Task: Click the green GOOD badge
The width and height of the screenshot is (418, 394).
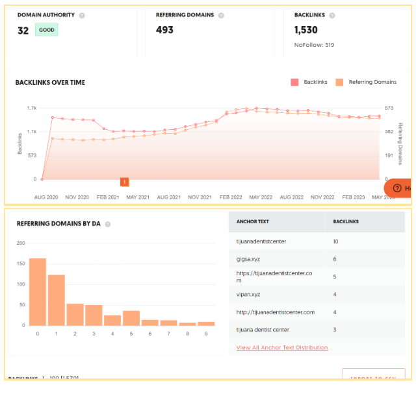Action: click(x=46, y=30)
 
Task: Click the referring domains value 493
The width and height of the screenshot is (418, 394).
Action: click(x=164, y=30)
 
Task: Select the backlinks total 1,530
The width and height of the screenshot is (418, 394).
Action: click(x=306, y=30)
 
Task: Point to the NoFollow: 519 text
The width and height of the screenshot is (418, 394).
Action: click(x=314, y=45)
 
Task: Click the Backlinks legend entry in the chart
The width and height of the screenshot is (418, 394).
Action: click(x=309, y=82)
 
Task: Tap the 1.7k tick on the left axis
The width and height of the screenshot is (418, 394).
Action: click(x=31, y=108)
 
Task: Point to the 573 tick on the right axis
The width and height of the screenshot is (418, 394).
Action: click(x=389, y=108)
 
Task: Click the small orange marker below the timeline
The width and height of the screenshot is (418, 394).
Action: click(x=124, y=182)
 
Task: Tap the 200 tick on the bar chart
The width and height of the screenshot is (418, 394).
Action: click(x=20, y=243)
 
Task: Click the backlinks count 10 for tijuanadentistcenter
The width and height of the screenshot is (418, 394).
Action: click(x=335, y=241)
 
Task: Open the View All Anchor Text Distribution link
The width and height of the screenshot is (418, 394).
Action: click(x=282, y=347)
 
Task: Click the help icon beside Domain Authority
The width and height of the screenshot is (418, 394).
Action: click(x=82, y=15)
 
